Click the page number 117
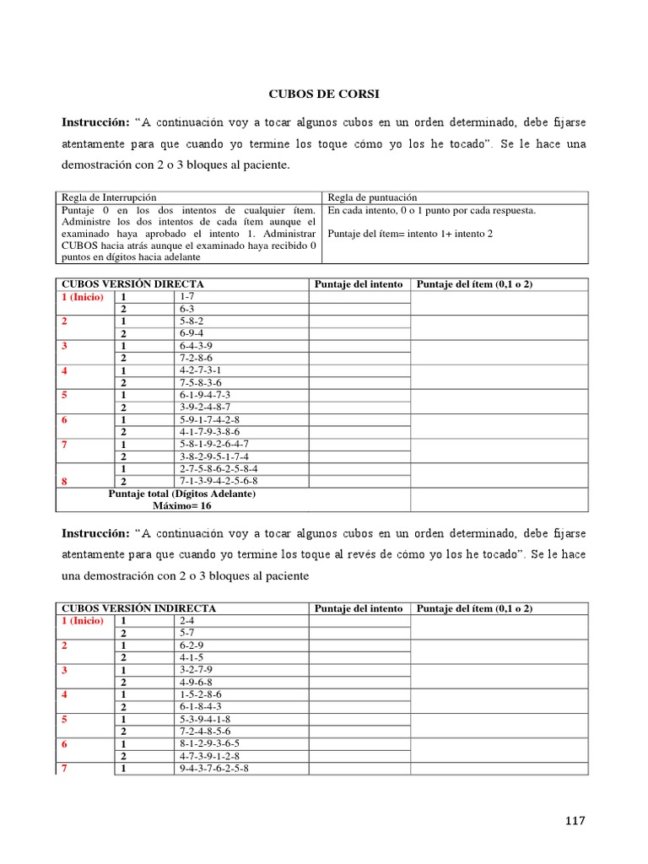coord(573,820)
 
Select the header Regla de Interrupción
coord(108,197)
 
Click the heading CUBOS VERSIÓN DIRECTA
coord(132,284)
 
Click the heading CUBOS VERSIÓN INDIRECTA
coord(138,608)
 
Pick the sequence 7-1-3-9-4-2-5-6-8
coord(219,481)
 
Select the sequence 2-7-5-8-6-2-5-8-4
coord(219,468)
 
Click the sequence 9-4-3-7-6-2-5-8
coord(214,769)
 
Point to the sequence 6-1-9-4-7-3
coord(205,395)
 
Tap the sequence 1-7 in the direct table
coord(186,297)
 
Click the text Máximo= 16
coord(182,505)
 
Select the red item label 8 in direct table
coord(63,481)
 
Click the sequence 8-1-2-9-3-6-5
coord(210,743)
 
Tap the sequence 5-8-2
coord(191,321)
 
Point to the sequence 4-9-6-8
coord(196,682)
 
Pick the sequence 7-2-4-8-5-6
coord(205,731)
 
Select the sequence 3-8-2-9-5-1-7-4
coord(214,456)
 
